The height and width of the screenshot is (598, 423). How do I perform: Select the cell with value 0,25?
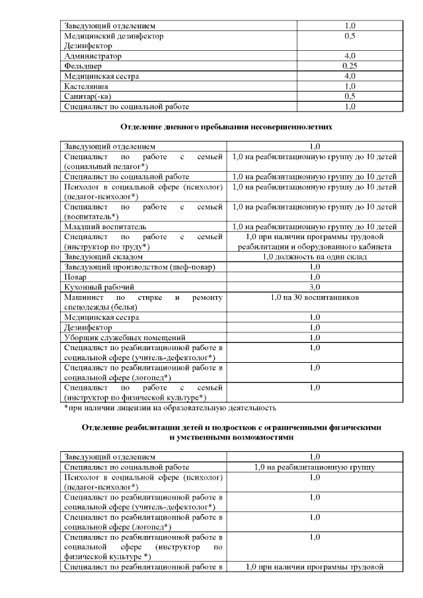(x=350, y=66)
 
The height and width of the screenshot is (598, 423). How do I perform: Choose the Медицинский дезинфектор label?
(x=113, y=36)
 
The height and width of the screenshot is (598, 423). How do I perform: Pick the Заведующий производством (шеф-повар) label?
(x=139, y=266)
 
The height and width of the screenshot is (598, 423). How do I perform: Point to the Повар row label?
(x=75, y=277)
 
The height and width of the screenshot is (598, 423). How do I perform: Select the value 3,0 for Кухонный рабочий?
(x=315, y=287)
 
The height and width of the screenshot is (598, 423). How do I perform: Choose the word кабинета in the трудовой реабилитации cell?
(x=373, y=246)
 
